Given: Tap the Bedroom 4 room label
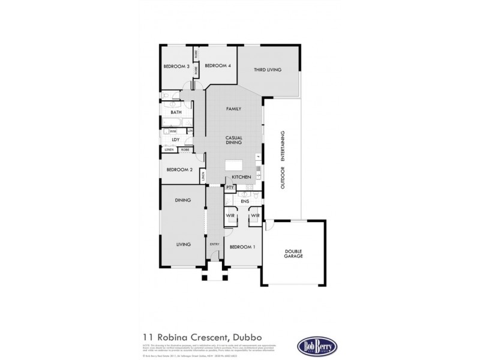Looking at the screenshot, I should click(217, 66).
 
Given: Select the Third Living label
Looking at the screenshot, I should click(268, 70).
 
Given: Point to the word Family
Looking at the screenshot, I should click(233, 109).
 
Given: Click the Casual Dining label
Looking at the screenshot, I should click(233, 140).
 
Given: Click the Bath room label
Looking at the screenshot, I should click(176, 112).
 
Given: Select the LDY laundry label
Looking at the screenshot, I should click(176, 140).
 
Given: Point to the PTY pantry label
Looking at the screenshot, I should click(230, 187).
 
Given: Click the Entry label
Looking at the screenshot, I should click(214, 244).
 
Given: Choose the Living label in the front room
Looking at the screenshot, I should click(183, 245).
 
